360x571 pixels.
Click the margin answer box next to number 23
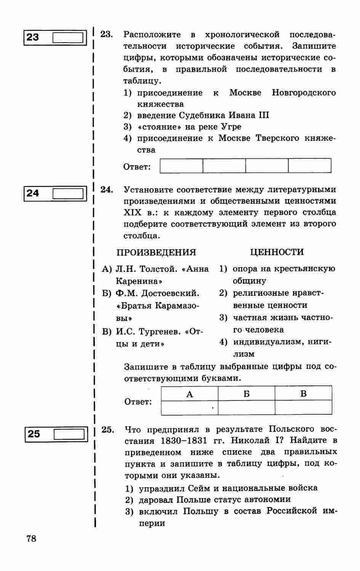tap(67, 38)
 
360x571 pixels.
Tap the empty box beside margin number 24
tap(67, 193)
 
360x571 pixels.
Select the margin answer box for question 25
tap(69, 434)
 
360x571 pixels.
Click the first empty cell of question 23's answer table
tap(181, 166)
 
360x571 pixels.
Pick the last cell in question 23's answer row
tap(309, 166)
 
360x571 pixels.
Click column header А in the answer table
tap(190, 394)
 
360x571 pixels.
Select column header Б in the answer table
tap(246, 394)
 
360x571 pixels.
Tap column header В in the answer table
tap(303, 394)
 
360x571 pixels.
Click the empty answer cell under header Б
tap(246, 407)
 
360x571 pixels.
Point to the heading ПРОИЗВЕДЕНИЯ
tap(156, 252)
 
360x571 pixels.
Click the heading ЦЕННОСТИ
tap(277, 252)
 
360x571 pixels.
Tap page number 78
tap(32, 538)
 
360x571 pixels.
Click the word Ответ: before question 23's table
tap(137, 167)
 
